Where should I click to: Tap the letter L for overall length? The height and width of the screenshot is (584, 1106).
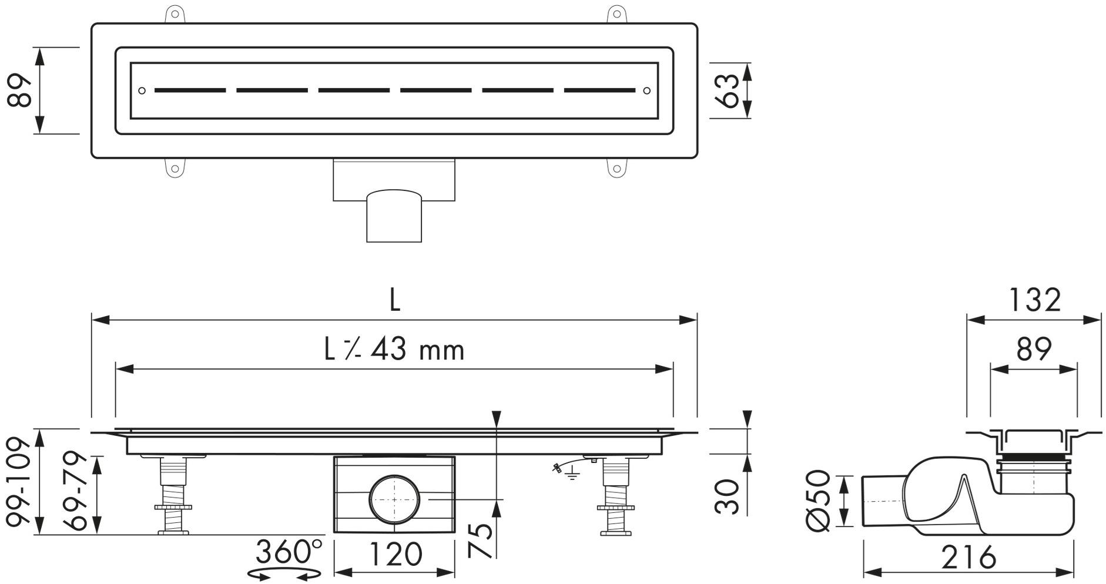click(x=394, y=300)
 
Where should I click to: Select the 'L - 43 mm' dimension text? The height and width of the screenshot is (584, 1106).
click(x=394, y=350)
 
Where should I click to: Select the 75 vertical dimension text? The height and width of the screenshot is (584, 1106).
click(x=481, y=540)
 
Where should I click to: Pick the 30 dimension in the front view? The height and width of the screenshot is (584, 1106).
click(x=728, y=496)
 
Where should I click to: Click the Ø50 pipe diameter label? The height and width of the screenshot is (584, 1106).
click(x=818, y=501)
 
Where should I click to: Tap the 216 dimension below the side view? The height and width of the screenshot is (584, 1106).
click(x=968, y=556)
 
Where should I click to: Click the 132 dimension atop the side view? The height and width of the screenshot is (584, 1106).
click(x=1034, y=300)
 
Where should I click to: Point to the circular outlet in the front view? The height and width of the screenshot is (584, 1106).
click(x=394, y=499)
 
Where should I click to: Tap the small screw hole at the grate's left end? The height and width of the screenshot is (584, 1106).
click(x=142, y=90)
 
